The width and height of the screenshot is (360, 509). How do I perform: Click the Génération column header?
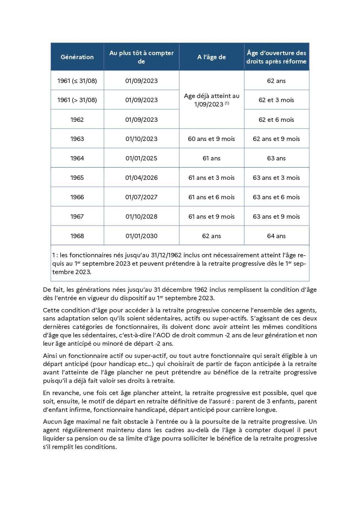[x=77, y=57]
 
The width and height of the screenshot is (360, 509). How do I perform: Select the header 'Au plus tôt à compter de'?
[x=141, y=57]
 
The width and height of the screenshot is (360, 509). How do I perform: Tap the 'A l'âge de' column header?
[x=211, y=57]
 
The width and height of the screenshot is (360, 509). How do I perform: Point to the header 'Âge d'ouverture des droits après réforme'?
[x=276, y=57]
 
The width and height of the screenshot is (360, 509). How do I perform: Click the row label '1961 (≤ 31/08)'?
[x=77, y=81]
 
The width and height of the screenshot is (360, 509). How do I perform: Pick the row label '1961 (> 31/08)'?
[x=77, y=100]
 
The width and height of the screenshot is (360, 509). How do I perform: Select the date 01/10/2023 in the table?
[x=141, y=139]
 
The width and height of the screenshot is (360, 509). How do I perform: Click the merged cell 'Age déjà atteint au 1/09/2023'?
[x=211, y=100]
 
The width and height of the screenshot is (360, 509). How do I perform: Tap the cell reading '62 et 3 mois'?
[x=276, y=100]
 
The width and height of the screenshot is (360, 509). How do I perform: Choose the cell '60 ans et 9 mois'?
[x=211, y=139]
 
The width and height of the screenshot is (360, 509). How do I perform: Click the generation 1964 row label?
[x=77, y=158]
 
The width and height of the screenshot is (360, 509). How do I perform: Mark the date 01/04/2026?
[x=141, y=178]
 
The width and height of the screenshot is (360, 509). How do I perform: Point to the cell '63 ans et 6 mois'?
[x=276, y=197]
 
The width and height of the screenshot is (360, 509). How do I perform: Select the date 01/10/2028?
[x=141, y=217]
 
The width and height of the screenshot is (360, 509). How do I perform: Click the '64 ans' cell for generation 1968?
[x=276, y=236]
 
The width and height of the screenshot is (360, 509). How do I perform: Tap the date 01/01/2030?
[x=141, y=236]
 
